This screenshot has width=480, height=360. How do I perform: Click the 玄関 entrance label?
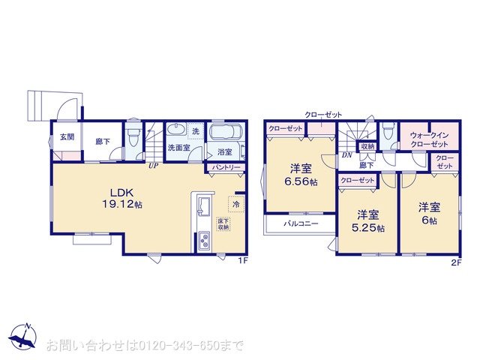click(65, 138)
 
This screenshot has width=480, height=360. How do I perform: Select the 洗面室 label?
click(178, 148)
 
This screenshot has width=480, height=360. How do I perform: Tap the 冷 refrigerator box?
click(236, 202)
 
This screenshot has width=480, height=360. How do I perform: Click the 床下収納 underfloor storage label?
click(223, 223)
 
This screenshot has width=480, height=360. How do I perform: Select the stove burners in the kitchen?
click(204, 242)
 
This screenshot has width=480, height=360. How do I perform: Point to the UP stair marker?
click(152, 166)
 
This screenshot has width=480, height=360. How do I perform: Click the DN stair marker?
click(346, 155)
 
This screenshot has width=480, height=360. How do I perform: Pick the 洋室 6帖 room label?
click(429, 213)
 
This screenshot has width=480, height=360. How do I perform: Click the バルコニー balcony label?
click(301, 223)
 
